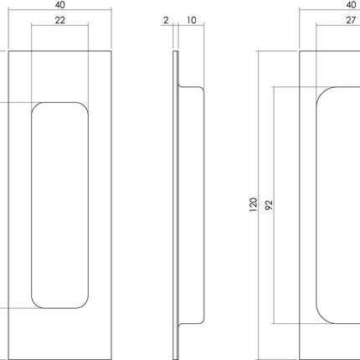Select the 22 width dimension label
click(x=59, y=21)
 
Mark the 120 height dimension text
click(x=254, y=204)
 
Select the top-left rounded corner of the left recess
click(x=36, y=106)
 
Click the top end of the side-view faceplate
click(x=175, y=53)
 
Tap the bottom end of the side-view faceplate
click(x=175, y=357)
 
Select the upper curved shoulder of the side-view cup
click(x=199, y=89)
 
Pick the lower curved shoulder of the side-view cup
click(x=199, y=320)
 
